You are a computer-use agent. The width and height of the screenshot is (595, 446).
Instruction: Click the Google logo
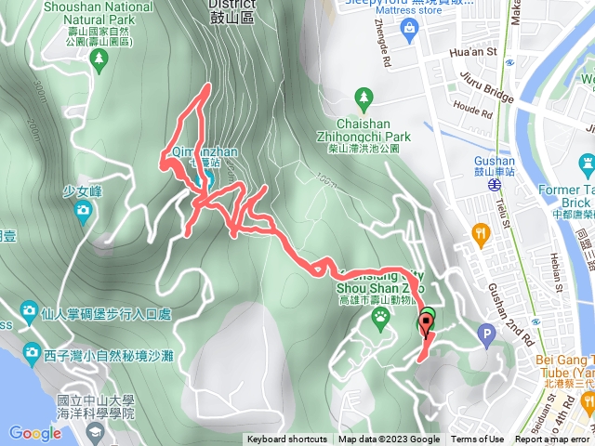point(35,432)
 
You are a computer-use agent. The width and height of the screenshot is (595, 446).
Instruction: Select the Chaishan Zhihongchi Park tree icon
point(364,97)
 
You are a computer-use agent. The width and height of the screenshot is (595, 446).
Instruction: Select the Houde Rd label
point(472,110)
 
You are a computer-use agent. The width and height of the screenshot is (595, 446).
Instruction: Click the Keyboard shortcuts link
point(287,439)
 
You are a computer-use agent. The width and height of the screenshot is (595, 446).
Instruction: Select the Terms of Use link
point(478,439)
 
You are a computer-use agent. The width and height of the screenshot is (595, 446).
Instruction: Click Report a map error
point(551,439)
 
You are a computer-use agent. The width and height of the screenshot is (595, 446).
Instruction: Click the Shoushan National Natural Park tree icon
point(99,59)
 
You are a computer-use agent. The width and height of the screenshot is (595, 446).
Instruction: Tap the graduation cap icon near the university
point(96,432)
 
